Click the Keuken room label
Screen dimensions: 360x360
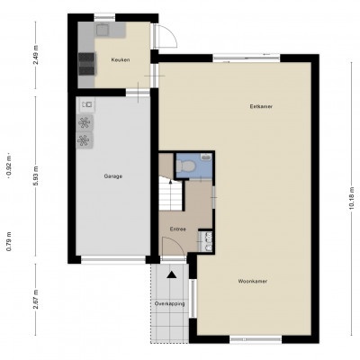pos(121,59)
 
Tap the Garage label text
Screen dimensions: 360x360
pos(113,176)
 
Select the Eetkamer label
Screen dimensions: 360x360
pos(261,106)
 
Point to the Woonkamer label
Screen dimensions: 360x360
pos(253,282)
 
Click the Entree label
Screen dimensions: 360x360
pos(178,229)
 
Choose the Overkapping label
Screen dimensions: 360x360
pos(169,303)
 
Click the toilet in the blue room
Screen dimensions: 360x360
pos(185,166)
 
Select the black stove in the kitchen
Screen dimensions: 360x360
pos(87,64)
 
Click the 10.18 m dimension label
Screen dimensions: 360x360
pos(352,198)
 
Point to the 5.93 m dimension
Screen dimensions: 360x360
pos(36,175)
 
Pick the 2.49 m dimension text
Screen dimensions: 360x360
pos(36,55)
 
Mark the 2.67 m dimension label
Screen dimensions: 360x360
pos(36,300)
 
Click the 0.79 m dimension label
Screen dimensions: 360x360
pos(9,241)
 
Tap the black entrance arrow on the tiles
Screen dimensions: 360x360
pos(172,274)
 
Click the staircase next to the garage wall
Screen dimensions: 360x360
pos(170,193)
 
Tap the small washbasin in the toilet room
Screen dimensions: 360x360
pos(206,157)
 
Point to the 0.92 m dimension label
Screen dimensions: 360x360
pos(9,166)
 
